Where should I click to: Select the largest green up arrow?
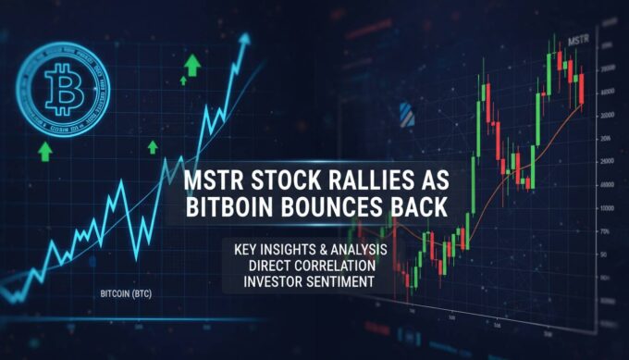click(x=193, y=64)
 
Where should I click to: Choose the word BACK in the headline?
click(x=415, y=207)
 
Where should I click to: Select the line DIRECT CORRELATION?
click(x=307, y=267)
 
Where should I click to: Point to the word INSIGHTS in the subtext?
click(x=295, y=251)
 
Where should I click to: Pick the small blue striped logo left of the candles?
click(x=405, y=114)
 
